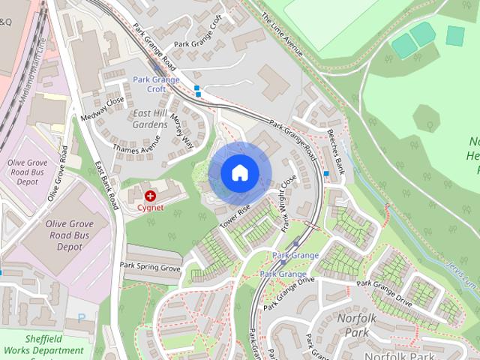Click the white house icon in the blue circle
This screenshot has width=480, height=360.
coord(239,172)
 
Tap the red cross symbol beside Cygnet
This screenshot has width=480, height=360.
coord(151,196)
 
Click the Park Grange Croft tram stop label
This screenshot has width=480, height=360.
coord(155,83)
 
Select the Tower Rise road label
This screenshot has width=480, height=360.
coord(234,216)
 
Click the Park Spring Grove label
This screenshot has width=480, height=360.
coord(150,267)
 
